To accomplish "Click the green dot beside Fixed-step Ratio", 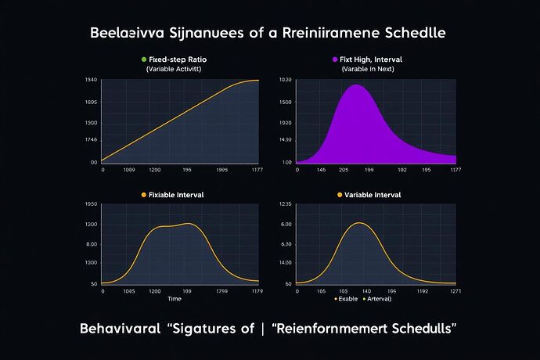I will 143,59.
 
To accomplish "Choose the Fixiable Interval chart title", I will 176,194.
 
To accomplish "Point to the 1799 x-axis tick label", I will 222,290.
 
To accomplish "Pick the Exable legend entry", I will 347,299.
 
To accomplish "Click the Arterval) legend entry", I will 378,299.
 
